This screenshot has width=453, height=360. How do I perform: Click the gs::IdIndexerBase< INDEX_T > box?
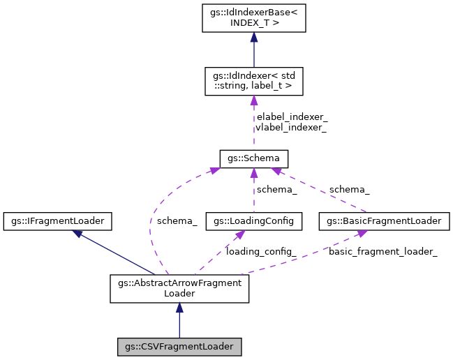click(x=251, y=20)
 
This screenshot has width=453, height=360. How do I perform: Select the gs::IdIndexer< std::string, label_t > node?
click(x=251, y=82)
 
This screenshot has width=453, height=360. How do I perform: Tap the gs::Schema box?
click(x=251, y=158)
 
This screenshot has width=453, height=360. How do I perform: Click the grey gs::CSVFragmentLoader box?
click(x=179, y=345)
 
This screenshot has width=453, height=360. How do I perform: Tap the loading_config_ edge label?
click(x=261, y=251)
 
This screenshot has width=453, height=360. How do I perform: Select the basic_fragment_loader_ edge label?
click(x=383, y=251)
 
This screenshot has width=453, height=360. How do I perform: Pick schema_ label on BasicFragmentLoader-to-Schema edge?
click(x=349, y=189)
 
